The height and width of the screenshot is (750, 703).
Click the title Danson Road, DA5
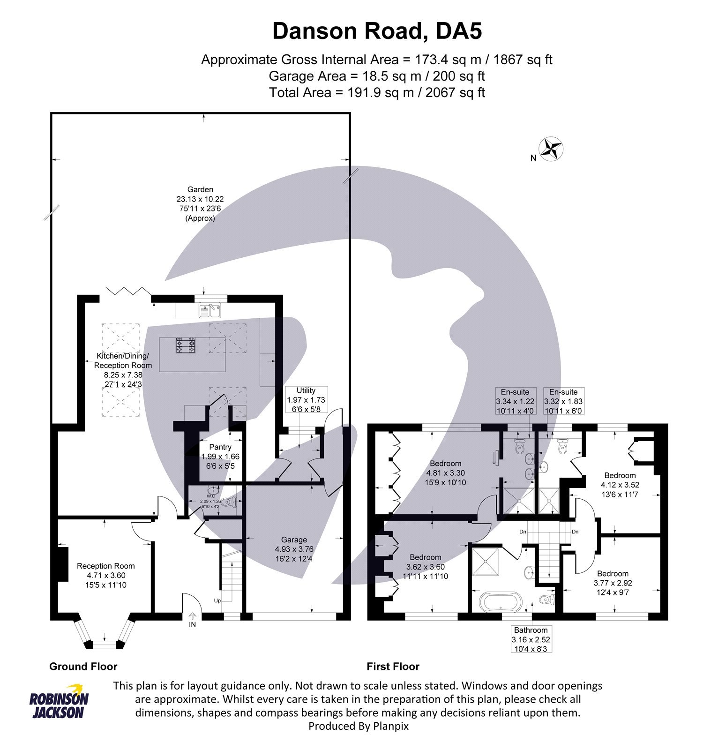click(377, 31)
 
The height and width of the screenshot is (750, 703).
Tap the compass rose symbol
click(551, 149)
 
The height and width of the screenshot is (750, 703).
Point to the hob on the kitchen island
click(186, 346)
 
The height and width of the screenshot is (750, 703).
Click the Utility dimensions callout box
click(306, 400)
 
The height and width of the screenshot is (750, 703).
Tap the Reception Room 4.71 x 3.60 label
click(106, 575)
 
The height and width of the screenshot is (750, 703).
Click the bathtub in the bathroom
click(499, 601)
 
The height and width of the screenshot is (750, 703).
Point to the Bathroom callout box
click(531, 639)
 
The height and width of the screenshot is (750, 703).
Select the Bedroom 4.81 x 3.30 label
click(446, 472)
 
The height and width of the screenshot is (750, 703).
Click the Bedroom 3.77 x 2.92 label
click(613, 583)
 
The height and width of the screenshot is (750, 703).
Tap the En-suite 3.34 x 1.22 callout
click(515, 401)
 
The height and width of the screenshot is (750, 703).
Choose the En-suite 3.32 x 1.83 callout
click(563, 401)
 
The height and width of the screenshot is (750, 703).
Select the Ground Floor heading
click(83, 666)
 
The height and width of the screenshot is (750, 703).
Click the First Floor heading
click(393, 666)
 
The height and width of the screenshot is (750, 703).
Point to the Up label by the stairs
click(217, 600)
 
